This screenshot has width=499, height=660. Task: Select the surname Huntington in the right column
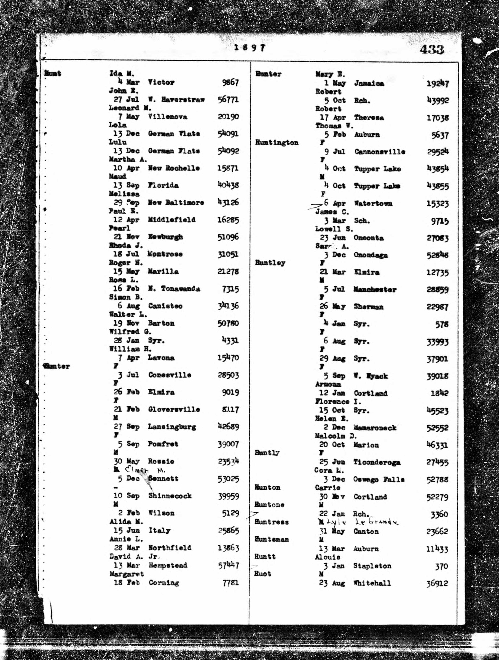[277, 143]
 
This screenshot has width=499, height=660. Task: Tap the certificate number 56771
[228, 99]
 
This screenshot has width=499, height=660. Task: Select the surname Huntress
[271, 522]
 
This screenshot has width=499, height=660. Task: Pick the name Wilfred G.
[130, 331]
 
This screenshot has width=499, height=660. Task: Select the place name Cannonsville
[380, 152]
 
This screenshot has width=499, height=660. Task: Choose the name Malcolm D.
[336, 436]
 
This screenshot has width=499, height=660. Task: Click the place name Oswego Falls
[379, 480]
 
